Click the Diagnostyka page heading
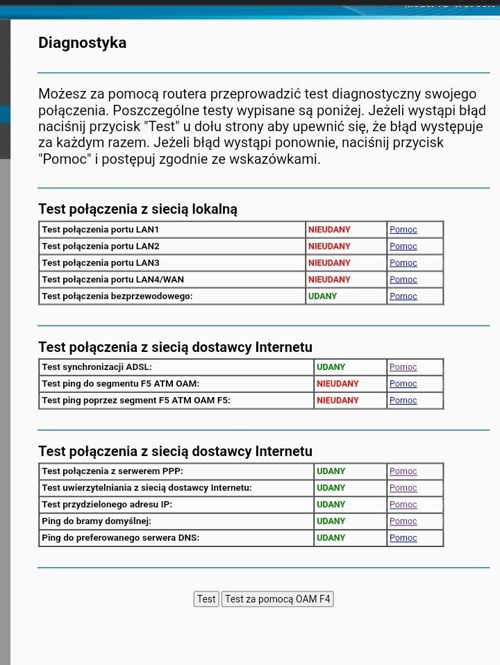click(82, 43)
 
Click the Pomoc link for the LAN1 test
click(403, 230)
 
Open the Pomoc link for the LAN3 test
click(403, 263)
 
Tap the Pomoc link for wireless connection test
click(403, 296)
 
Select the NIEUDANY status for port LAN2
click(329, 246)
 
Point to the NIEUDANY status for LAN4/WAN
click(329, 280)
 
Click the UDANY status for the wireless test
click(322, 296)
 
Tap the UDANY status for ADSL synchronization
click(331, 367)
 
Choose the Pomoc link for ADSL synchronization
click(403, 367)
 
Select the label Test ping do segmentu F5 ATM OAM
click(120, 384)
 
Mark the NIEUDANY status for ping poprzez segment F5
click(337, 401)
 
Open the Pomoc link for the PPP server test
click(403, 471)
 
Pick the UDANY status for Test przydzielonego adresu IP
click(331, 505)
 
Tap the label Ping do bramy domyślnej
click(96, 521)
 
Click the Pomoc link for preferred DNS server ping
click(403, 538)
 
